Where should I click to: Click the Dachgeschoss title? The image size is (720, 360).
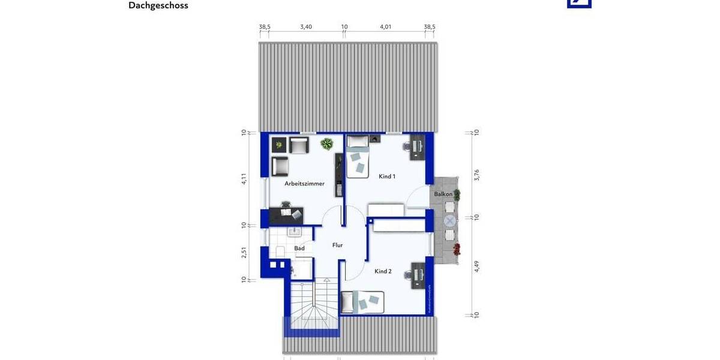[158, 5]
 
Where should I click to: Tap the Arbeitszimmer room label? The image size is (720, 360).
[305, 184]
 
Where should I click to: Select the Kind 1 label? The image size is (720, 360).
[387, 176]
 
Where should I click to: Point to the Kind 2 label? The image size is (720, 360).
[383, 271]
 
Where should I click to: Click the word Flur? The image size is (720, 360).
[338, 245]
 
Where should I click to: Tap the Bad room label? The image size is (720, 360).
[299, 248]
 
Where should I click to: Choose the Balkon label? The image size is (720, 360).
[443, 194]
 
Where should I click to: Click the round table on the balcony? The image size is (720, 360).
[449, 221]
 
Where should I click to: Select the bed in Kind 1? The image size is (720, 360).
[358, 157]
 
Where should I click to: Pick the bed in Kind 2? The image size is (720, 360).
[362, 302]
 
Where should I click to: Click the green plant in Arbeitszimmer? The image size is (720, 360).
[327, 143]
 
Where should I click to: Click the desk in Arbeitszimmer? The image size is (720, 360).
[286, 215]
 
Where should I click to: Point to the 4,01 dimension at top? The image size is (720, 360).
[386, 27]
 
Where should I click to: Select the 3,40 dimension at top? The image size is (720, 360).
[306, 27]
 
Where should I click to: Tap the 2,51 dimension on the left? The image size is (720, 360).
[244, 253]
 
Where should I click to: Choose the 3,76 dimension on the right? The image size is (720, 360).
[477, 175]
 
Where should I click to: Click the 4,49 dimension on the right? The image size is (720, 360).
[477, 266]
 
